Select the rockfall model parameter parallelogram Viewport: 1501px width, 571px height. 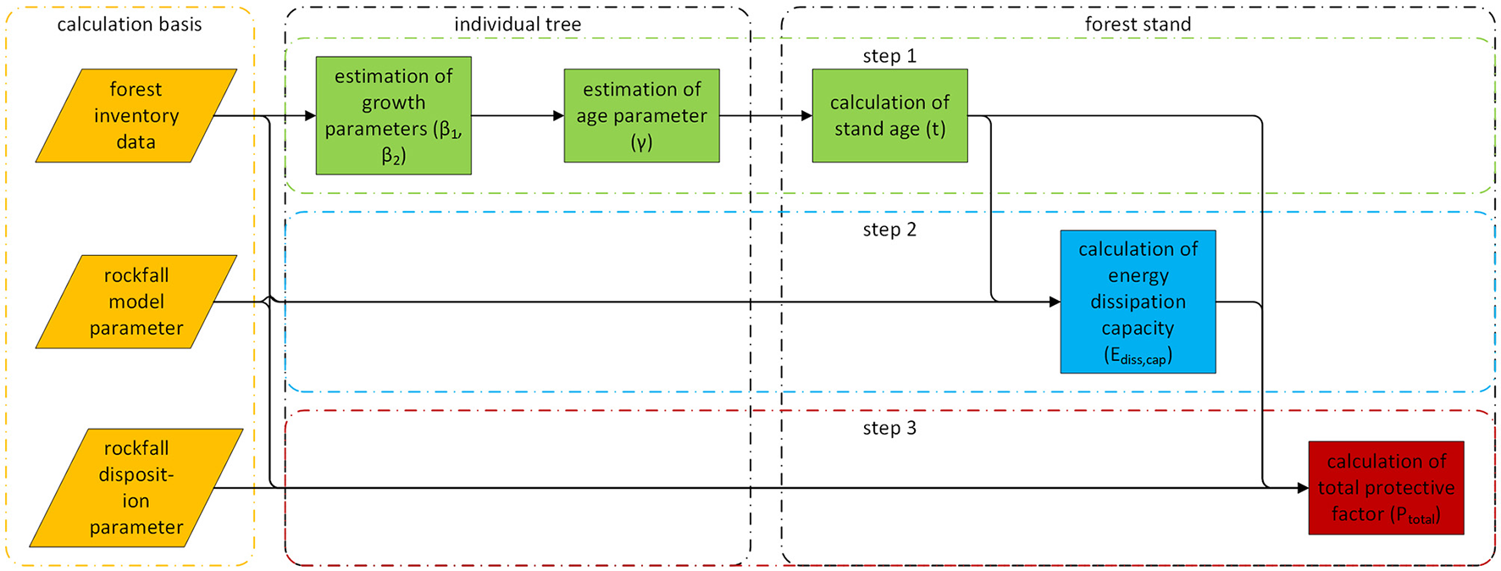point(136,302)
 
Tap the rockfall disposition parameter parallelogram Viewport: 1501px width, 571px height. point(136,488)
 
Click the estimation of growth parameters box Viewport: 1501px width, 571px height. point(393,115)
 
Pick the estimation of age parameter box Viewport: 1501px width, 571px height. point(641,115)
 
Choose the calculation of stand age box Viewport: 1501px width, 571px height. point(889,115)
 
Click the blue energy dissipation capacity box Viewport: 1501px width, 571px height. point(1138,302)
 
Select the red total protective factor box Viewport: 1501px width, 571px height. point(1386,488)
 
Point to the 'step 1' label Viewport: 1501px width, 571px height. point(889,56)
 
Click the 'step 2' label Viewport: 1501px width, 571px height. point(889,230)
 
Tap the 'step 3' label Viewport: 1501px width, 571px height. point(889,428)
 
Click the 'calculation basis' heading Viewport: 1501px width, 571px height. point(130,25)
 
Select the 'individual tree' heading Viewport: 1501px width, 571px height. point(518,25)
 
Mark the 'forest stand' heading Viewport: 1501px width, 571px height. point(1138,25)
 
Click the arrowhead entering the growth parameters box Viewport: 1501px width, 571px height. point(310,116)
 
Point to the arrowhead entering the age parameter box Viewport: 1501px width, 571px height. point(558,116)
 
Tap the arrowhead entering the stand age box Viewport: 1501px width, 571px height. point(806,116)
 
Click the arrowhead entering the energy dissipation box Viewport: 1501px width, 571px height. point(1055,302)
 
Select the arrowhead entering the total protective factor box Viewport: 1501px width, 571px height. point(1303,488)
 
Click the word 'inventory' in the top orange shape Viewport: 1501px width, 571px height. point(136,116)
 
